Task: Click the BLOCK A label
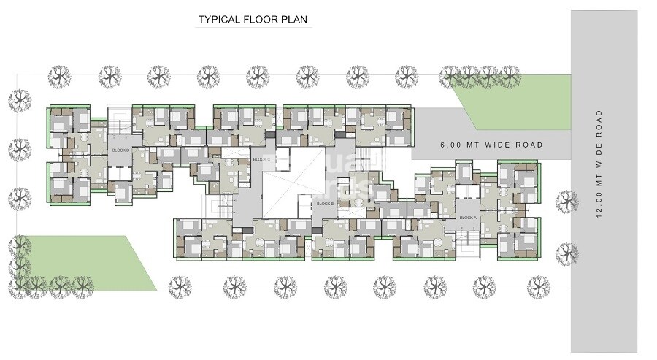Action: (467, 218)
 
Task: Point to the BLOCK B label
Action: (325, 204)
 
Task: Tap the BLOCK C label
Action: (261, 159)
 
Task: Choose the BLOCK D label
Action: (120, 150)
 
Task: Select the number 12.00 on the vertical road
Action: (599, 204)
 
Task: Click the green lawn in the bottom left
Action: (80, 263)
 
